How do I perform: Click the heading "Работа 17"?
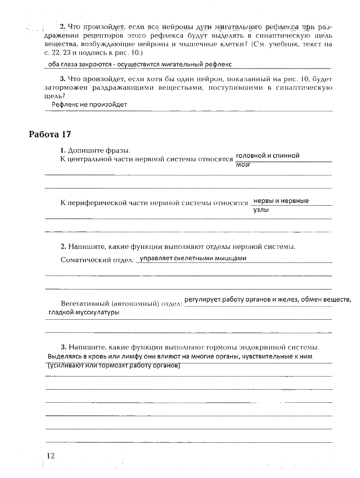pyautogui.click(x=50, y=134)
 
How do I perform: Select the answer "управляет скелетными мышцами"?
pyautogui.click(x=193, y=258)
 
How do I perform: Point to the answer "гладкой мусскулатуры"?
pyautogui.click(x=84, y=313)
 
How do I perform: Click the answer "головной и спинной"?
pyautogui.click(x=268, y=156)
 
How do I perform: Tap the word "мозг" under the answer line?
pyautogui.click(x=243, y=165)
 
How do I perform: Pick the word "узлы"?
pyautogui.click(x=261, y=210)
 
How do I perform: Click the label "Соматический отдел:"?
pyautogui.click(x=97, y=260)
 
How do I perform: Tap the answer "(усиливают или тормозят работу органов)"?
pyautogui.click(x=114, y=366)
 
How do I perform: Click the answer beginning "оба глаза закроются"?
pyautogui.click(x=140, y=64)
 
